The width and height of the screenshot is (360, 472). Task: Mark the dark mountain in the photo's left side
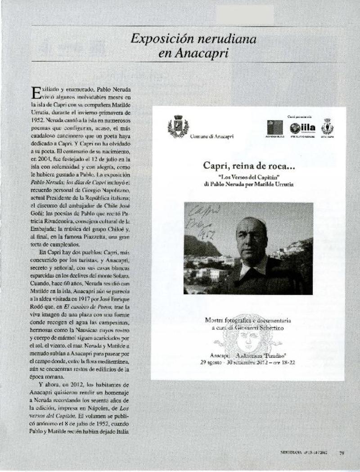(x=198, y=246)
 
